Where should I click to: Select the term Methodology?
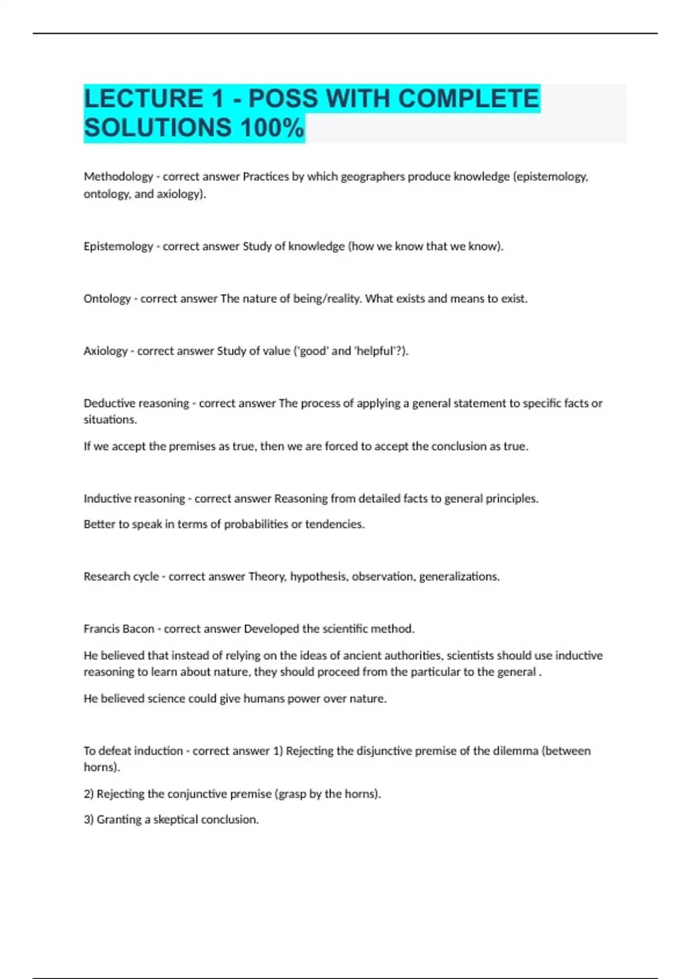118,177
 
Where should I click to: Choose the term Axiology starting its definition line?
105,351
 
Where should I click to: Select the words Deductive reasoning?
136,403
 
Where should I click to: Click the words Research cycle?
121,576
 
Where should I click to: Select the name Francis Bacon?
119,629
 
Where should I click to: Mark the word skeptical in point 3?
176,819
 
